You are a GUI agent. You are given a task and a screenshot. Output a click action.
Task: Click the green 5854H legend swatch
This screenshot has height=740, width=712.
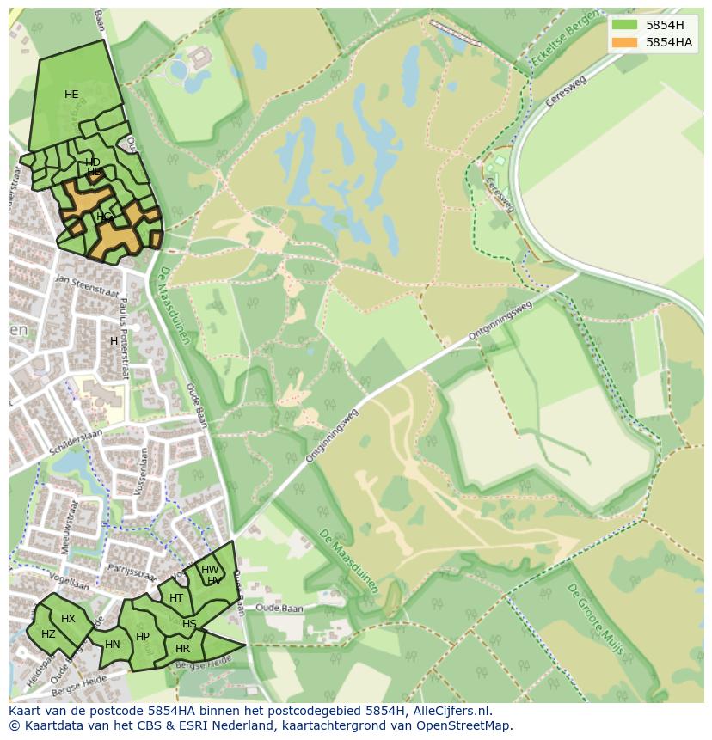pyautogui.click(x=624, y=25)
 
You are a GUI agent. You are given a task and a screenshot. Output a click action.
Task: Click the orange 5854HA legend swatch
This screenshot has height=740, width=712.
pyautogui.click(x=624, y=42)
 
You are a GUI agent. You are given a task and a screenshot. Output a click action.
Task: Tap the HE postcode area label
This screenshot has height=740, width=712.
pyautogui.click(x=71, y=95)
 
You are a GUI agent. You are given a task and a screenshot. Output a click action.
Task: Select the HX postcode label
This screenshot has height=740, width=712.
pyautogui.click(x=68, y=619)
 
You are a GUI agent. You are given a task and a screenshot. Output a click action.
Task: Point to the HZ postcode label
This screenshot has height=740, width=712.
pyautogui.click(x=48, y=634)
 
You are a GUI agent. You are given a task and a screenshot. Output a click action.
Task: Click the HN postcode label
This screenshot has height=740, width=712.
pyautogui.click(x=113, y=644)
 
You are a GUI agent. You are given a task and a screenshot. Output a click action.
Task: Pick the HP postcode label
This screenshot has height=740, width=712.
pyautogui.click(x=143, y=637)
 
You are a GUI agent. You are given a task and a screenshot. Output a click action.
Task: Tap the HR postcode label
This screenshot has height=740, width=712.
pyautogui.click(x=182, y=649)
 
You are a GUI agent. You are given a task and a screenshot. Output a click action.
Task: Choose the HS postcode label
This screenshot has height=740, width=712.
pyautogui.click(x=189, y=624)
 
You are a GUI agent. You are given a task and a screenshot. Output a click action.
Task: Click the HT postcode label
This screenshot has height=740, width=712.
pyautogui.click(x=176, y=598)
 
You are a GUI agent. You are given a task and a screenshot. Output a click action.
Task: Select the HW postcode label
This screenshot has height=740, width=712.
pyautogui.click(x=209, y=570)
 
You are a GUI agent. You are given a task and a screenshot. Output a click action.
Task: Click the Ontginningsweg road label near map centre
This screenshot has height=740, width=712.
pyautogui.click(x=333, y=436)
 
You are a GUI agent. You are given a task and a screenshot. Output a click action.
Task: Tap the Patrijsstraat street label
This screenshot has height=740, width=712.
pyautogui.click(x=130, y=568)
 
